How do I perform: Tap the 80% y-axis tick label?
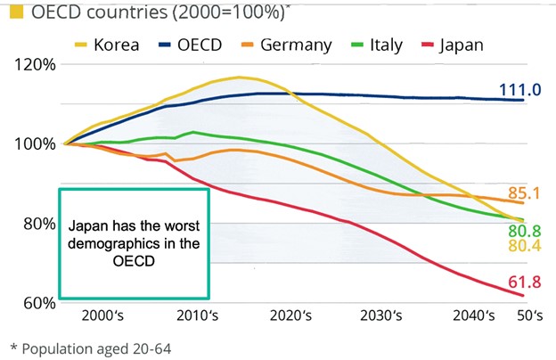(36, 223)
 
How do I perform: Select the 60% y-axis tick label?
(36, 302)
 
